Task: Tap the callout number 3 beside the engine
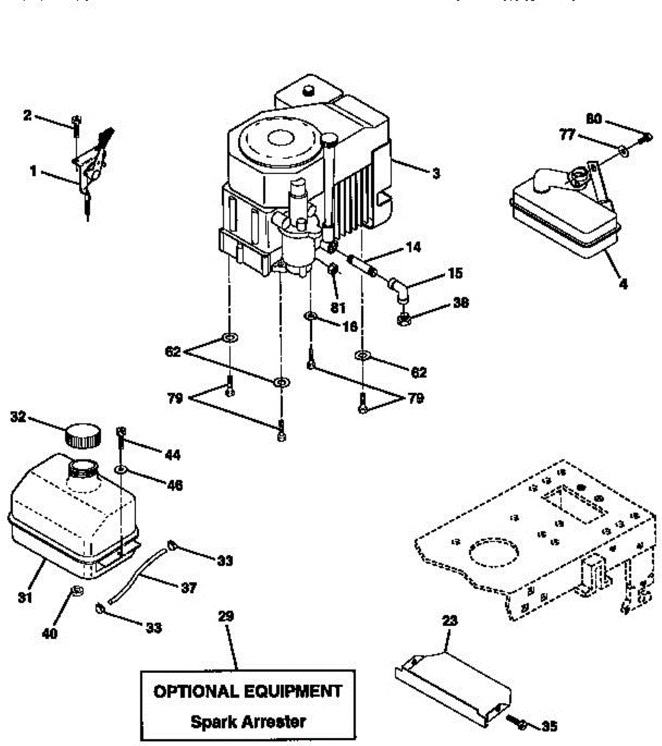[x=436, y=173]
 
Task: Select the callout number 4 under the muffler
[x=623, y=284]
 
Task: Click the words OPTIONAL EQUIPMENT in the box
[x=247, y=691]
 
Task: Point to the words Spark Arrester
[x=247, y=722]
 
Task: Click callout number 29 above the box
[x=226, y=616]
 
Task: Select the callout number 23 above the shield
[x=449, y=620]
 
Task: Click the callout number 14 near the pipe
[x=412, y=247]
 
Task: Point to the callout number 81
[x=339, y=306]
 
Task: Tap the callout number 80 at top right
[x=594, y=117]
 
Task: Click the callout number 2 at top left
[x=27, y=114]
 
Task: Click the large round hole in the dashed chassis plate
[x=494, y=552]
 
